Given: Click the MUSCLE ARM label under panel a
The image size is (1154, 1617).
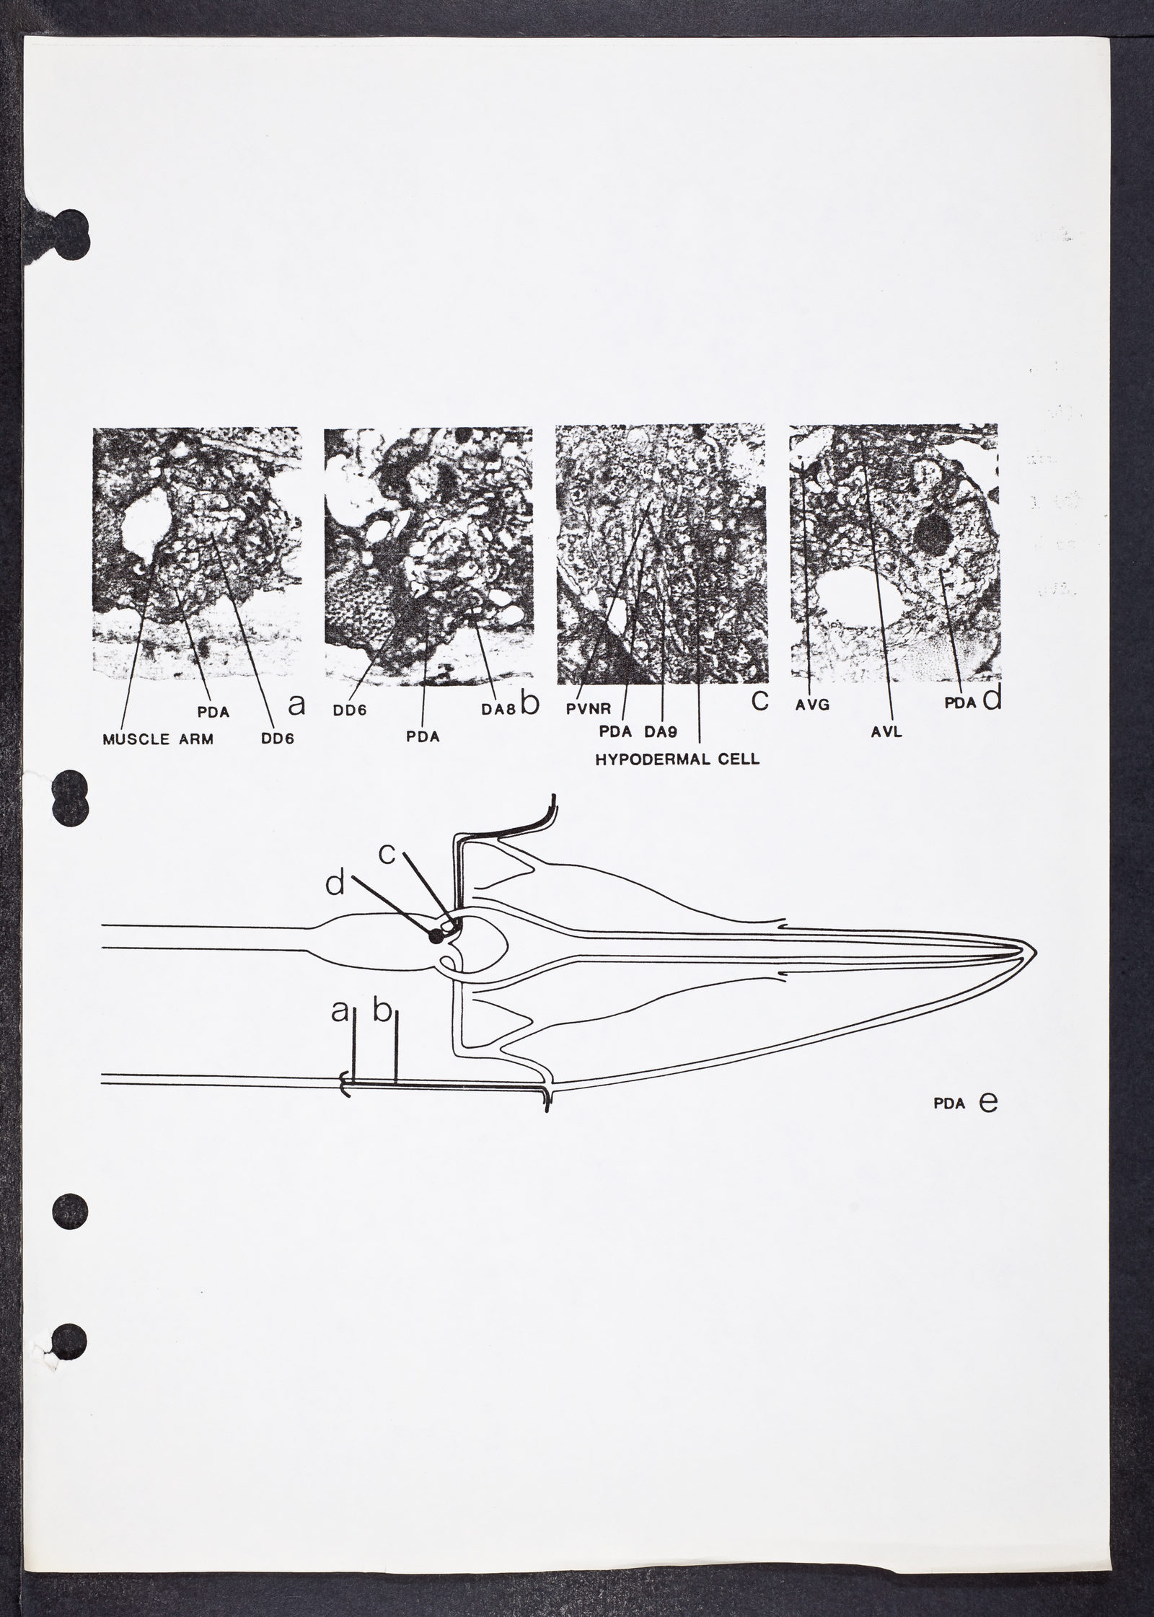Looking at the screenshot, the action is [x=158, y=739].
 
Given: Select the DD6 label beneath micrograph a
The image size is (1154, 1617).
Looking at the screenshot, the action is [x=278, y=739].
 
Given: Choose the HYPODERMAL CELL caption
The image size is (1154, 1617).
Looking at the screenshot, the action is [x=677, y=759].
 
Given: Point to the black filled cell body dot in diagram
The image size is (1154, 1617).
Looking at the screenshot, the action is [x=436, y=936].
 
